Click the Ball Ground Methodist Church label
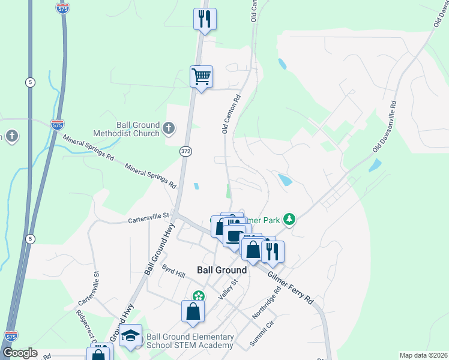(x=126, y=129)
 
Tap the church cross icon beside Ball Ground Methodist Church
(x=169, y=128)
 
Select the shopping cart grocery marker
(x=201, y=77)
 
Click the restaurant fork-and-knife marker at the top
(x=205, y=19)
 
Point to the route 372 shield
(x=185, y=152)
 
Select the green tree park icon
(x=290, y=219)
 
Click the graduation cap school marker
(x=130, y=336)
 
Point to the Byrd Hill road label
(x=173, y=272)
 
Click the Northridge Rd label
(x=267, y=305)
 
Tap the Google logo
(x=19, y=353)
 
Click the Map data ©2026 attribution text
(x=423, y=355)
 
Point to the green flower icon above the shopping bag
(x=199, y=295)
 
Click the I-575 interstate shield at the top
(x=62, y=8)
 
